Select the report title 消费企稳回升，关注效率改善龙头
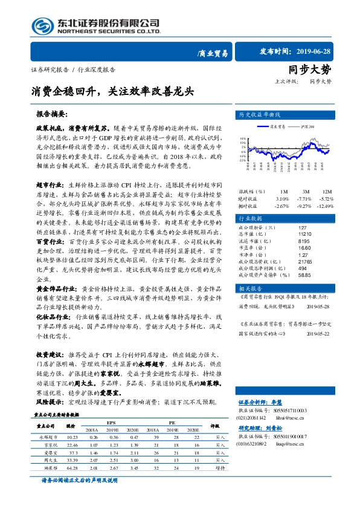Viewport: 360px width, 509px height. click(x=113, y=92)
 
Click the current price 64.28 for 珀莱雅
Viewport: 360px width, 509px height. click(x=73, y=468)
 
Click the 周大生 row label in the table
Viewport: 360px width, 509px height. click(x=47, y=460)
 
